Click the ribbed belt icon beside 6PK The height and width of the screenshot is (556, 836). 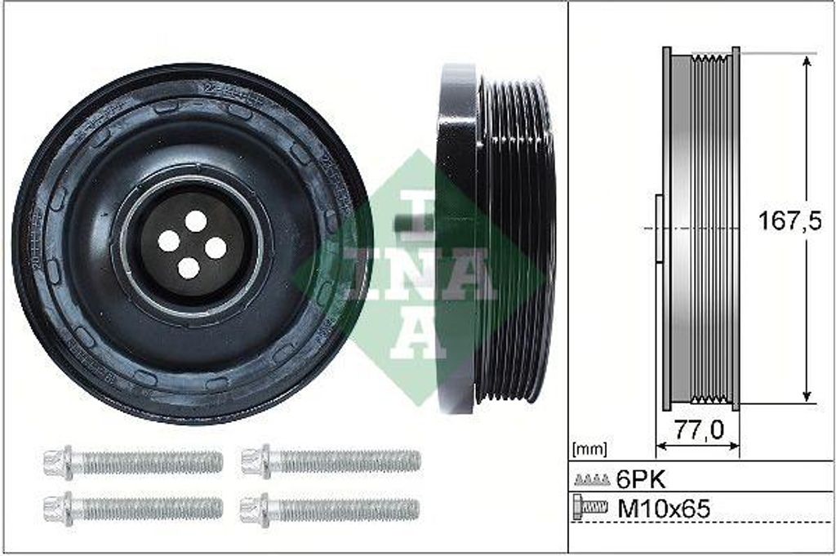(592, 479)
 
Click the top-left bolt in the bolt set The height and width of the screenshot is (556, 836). (133, 463)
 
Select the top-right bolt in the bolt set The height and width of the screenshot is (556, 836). (331, 461)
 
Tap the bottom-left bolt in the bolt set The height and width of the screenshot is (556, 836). (133, 509)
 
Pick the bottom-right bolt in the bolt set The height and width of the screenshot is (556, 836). (331, 509)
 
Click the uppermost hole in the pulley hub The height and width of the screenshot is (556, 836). (196, 220)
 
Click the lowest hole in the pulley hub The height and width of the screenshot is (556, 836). (189, 267)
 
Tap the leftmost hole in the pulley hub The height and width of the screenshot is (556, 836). (168, 240)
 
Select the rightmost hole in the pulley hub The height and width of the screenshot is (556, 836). (216, 247)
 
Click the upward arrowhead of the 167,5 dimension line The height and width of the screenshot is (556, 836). (807, 62)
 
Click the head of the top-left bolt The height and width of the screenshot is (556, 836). (58, 463)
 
